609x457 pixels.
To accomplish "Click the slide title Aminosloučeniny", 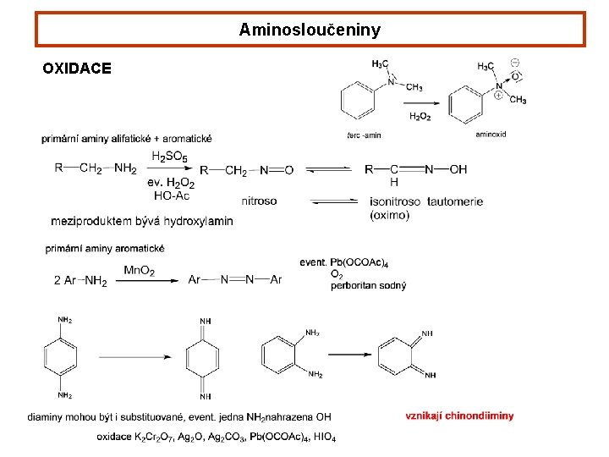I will (310, 30).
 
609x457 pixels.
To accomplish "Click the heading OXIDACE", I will (77, 69).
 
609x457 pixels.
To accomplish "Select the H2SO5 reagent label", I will (170, 157).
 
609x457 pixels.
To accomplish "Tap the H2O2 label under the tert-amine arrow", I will (420, 117).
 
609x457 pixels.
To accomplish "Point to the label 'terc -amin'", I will (364, 135).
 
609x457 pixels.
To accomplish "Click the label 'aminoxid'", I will (491, 135).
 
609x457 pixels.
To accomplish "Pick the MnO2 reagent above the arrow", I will (139, 271).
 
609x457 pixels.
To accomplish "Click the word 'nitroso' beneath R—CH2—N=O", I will (259, 201).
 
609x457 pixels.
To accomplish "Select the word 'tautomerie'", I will (455, 201).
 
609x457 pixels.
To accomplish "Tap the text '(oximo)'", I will (389, 215).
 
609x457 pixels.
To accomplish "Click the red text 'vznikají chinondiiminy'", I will (459, 416).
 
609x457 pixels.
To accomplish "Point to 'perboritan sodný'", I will (368, 285).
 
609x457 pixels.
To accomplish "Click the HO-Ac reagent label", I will (172, 195).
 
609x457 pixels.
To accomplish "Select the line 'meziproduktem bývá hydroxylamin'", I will (142, 221).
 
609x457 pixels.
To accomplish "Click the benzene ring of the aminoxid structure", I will (467, 106).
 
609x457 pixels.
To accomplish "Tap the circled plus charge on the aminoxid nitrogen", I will (498, 96).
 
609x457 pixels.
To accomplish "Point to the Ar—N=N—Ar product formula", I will (235, 280).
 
